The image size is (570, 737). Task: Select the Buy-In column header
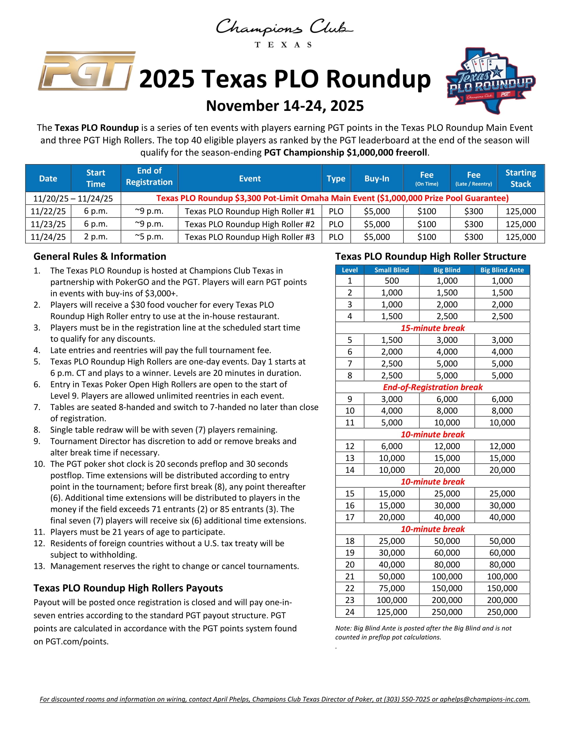click(x=377, y=179)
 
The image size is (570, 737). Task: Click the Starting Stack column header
click(x=520, y=178)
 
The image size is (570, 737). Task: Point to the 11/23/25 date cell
click(x=48, y=224)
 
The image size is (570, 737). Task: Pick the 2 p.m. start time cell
click(x=96, y=237)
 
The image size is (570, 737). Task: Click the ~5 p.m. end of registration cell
click(x=149, y=237)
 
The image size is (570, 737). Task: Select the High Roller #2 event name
click(x=249, y=224)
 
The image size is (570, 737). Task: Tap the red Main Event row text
click(x=332, y=198)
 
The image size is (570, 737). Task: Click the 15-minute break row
click(x=432, y=328)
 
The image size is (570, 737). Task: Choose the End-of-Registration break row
click(x=432, y=387)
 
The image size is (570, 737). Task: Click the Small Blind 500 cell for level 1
click(x=392, y=281)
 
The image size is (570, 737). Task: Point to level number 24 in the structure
click(x=349, y=612)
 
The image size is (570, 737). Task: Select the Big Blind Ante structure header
click(x=502, y=270)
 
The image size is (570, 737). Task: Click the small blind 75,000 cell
click(x=392, y=588)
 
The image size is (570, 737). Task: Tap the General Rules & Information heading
click(x=100, y=257)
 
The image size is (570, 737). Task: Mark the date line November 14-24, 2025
click(x=285, y=106)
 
